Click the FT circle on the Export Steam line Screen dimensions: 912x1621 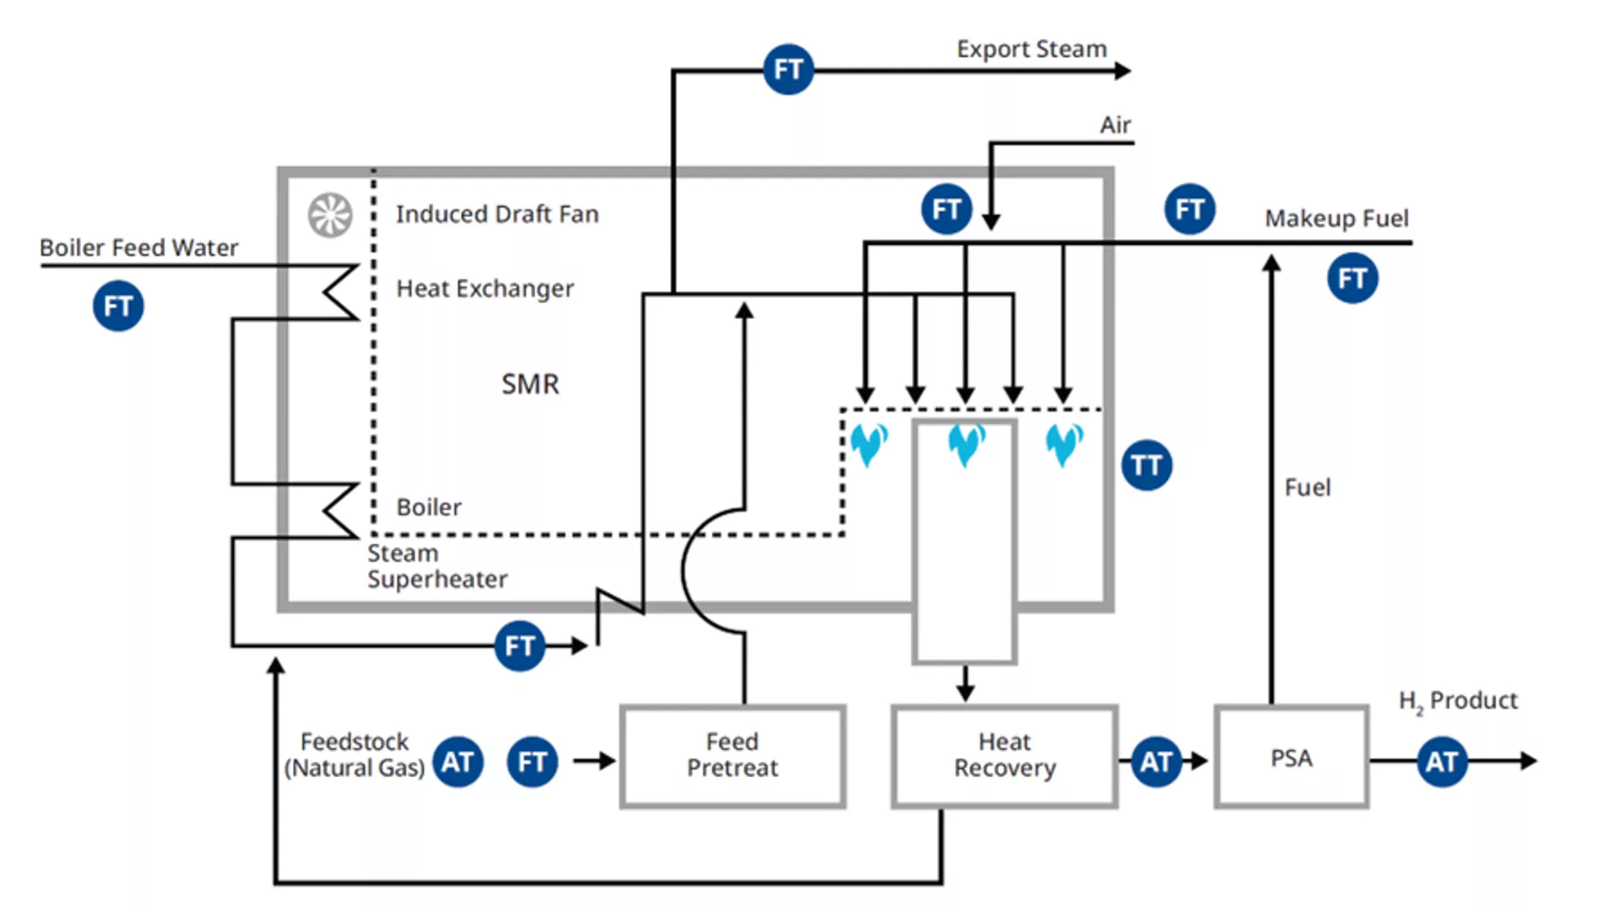[789, 69]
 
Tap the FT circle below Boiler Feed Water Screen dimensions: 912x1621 [118, 306]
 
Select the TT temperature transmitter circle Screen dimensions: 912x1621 [1147, 465]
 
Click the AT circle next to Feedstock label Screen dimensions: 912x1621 [458, 762]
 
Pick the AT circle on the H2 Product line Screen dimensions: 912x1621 [1442, 762]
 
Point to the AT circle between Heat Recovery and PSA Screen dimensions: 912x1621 [1156, 762]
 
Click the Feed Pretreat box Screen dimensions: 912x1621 [732, 757]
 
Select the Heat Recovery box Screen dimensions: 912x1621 [1005, 757]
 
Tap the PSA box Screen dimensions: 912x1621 [1291, 757]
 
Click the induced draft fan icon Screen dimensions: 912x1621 [330, 214]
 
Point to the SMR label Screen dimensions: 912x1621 [530, 384]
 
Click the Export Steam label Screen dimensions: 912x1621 [1031, 49]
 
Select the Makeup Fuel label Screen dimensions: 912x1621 [1336, 219]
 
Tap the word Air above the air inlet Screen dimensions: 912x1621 [1114, 125]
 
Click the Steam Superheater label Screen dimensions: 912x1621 [436, 567]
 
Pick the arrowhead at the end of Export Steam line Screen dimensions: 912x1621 [1123, 71]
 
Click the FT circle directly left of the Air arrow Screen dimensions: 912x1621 [946, 209]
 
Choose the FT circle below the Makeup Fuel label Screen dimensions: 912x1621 [1353, 278]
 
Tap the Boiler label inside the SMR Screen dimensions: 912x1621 [429, 508]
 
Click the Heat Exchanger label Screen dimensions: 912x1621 [485, 289]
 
